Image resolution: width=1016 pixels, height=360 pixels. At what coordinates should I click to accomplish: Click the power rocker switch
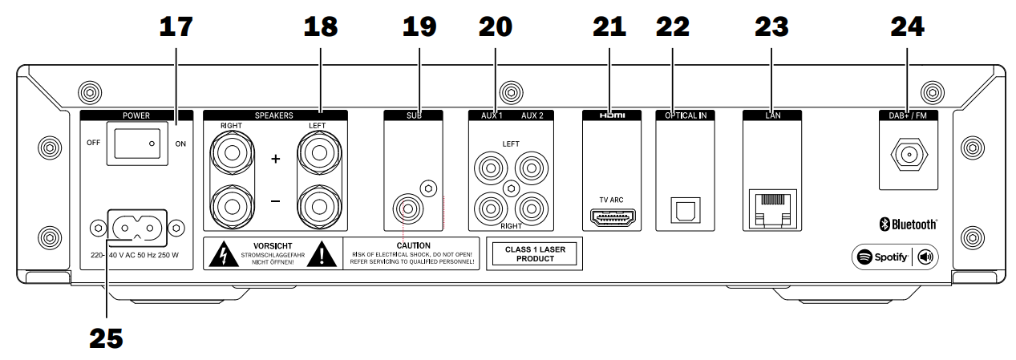tap(137, 144)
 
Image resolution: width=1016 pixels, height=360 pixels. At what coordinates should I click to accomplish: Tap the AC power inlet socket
tap(137, 228)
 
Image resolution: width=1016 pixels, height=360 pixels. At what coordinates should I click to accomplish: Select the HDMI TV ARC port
tap(613, 217)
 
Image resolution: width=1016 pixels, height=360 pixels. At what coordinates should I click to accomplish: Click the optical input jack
tap(686, 210)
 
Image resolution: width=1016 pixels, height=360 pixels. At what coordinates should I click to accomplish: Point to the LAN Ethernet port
tap(772, 208)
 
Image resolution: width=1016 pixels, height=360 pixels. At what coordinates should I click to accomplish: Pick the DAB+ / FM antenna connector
tap(909, 155)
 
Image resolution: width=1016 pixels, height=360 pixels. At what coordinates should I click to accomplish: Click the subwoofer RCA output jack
tap(407, 209)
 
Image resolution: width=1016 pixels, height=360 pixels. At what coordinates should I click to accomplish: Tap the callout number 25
tap(106, 338)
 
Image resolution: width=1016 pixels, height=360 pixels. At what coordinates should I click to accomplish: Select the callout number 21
tap(609, 26)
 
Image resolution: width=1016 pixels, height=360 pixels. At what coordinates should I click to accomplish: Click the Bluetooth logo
tap(909, 224)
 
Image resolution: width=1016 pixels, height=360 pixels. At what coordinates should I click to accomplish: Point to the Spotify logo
tap(882, 257)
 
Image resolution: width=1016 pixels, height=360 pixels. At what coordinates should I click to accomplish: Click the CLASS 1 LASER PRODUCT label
tap(535, 254)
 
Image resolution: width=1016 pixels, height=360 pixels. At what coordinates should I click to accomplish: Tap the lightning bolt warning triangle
tap(224, 254)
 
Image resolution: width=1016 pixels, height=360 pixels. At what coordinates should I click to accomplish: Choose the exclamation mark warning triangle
tap(322, 254)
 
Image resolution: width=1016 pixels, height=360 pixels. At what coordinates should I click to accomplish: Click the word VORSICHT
tap(273, 245)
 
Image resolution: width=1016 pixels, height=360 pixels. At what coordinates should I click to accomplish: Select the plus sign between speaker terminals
tap(275, 159)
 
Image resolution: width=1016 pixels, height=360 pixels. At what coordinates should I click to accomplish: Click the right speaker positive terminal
tap(233, 153)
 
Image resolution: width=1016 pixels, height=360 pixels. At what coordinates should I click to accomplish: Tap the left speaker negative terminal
tap(319, 207)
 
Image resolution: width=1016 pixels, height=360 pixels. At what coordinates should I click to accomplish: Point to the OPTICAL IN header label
tap(686, 115)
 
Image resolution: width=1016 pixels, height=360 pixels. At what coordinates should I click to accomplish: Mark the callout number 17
tap(176, 26)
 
